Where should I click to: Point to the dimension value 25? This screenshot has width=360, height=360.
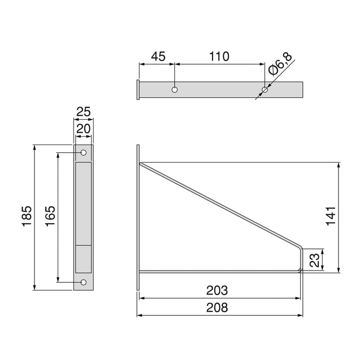(x=83, y=111)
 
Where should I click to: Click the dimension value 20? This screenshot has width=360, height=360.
(x=83, y=129)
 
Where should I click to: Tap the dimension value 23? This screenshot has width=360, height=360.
(x=315, y=261)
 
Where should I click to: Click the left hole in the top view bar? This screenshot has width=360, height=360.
(x=175, y=90)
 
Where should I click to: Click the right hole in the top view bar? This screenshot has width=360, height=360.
(x=265, y=91)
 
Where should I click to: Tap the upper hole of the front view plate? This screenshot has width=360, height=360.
(x=83, y=153)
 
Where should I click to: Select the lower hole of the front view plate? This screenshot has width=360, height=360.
(x=83, y=282)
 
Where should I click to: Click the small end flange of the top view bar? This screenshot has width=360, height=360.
(x=138, y=90)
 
